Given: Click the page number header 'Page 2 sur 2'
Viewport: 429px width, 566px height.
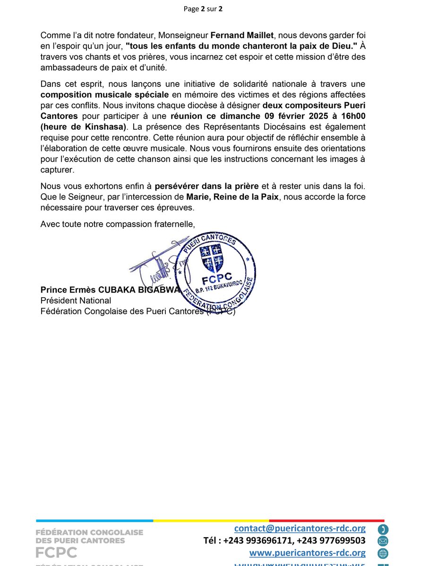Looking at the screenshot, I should pos(214,9).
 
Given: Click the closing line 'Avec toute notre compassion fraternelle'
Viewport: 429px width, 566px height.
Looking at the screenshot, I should pos(117,224).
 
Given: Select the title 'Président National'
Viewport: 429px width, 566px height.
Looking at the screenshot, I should pos(76,300).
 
